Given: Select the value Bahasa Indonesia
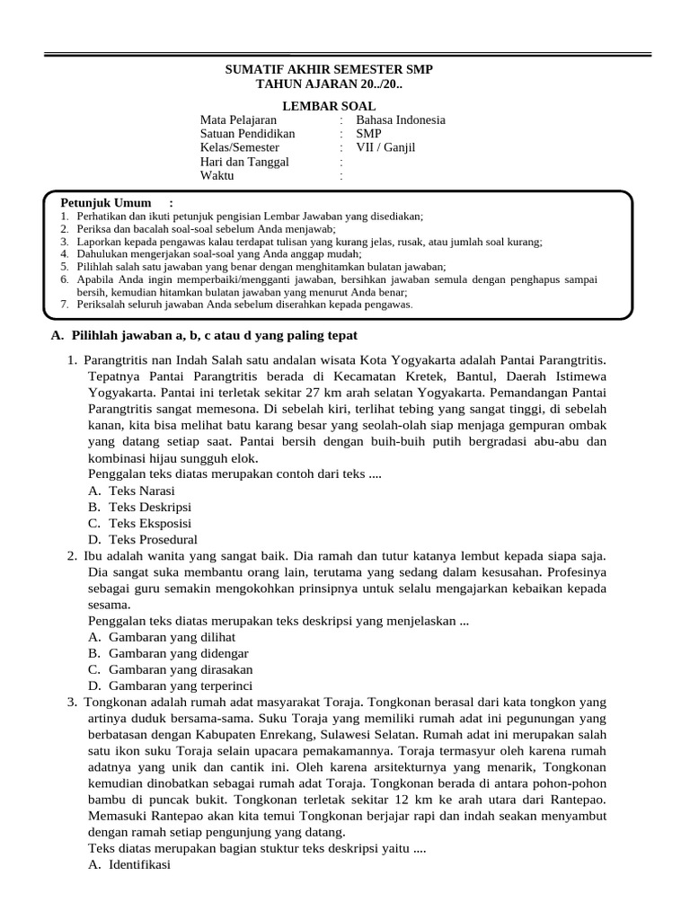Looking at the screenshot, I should tap(401, 119).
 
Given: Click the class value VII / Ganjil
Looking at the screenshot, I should tap(386, 147).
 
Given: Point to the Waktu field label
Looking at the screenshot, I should tap(217, 175).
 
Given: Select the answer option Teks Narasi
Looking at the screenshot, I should tap(141, 491).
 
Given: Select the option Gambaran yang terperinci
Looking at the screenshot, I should tap(181, 686).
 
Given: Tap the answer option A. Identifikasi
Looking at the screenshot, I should tap(139, 864).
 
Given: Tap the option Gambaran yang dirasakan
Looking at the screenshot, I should tap(180, 669).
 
